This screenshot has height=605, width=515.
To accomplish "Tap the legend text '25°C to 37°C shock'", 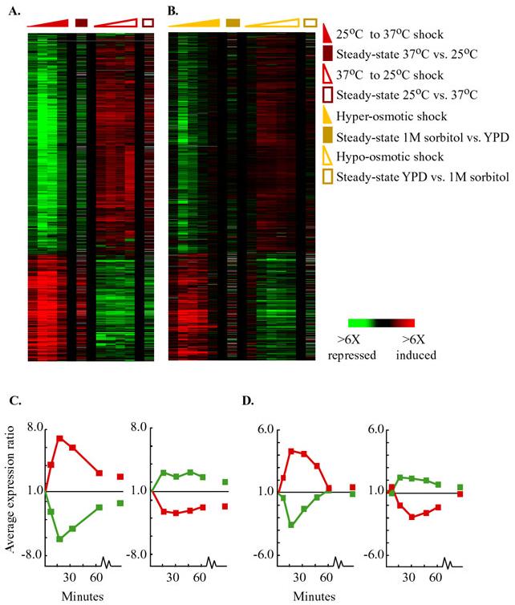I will (x=391, y=35).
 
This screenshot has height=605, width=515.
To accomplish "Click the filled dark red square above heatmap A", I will (x=81, y=22).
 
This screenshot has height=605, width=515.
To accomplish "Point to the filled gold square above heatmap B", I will (x=233, y=22).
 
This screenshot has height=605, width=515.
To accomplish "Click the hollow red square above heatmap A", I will (x=148, y=22).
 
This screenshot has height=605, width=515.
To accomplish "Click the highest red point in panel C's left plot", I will (x=59, y=437).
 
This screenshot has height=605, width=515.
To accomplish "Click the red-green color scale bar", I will (x=387, y=323).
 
